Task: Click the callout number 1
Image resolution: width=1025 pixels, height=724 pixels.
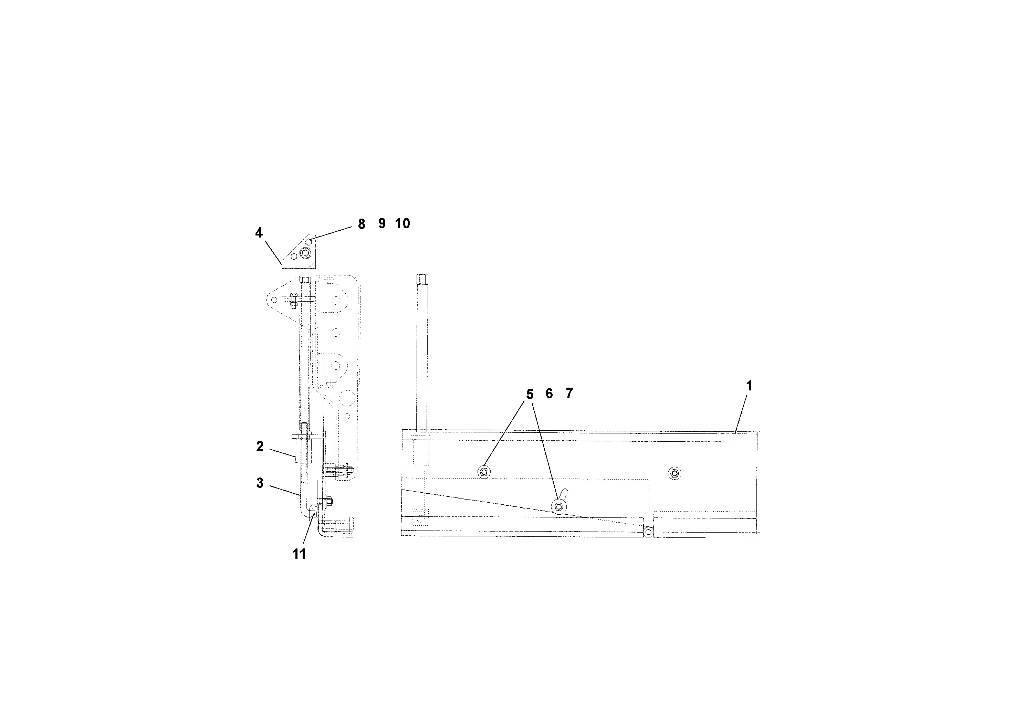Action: coord(750,386)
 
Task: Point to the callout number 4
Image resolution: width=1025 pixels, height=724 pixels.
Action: coord(259,233)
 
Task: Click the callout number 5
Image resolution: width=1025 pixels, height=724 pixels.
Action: coord(530,394)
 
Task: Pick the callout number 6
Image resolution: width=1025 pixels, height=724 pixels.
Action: coord(549,393)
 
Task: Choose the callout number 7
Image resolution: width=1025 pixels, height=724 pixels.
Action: coord(569,393)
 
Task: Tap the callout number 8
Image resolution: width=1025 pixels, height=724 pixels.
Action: coord(362,224)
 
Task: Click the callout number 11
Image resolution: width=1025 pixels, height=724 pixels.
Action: coord(299,554)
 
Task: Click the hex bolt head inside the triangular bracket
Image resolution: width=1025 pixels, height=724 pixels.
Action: coord(305,253)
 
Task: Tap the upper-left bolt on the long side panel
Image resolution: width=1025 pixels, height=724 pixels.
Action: coord(483,472)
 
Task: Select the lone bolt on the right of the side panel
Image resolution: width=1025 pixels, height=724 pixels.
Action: coord(674,473)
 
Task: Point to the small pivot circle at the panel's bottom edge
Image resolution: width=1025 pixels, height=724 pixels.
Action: coord(648,532)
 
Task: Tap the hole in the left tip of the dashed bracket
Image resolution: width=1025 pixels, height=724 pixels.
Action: coord(274,300)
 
